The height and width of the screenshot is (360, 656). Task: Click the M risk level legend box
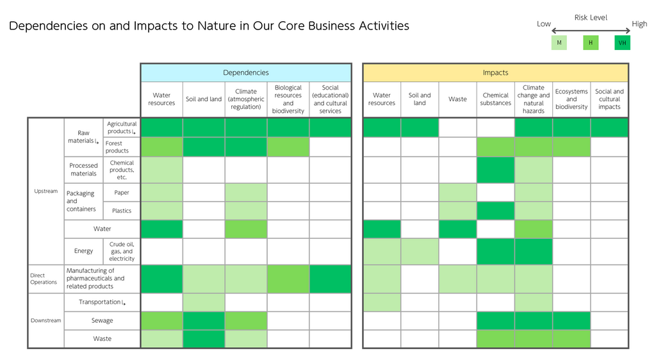[559, 43]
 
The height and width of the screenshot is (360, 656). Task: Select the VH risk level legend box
[622, 43]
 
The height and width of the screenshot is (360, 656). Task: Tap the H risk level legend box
[591, 43]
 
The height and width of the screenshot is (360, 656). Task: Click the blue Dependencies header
[246, 73]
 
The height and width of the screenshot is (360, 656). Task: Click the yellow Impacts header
[495, 73]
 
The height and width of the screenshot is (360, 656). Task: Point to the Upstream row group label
[45, 191]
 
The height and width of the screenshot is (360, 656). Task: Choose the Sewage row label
[102, 321]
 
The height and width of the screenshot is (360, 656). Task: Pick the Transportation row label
[102, 302]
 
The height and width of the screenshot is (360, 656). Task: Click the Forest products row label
[117, 147]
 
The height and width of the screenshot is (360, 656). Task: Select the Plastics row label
[121, 211]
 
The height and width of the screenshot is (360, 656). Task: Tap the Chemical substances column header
[495, 99]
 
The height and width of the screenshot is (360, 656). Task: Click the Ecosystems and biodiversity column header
[571, 99]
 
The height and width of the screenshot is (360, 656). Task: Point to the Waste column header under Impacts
[457, 99]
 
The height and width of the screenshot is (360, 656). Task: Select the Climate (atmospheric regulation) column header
[246, 99]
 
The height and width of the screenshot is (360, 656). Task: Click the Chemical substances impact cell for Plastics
[495, 211]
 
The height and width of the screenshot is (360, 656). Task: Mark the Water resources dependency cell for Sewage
[161, 321]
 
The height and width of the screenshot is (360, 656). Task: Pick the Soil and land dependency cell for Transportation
[204, 302]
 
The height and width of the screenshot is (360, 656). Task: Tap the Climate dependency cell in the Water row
[246, 229]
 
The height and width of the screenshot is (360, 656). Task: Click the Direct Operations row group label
[44, 279]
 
